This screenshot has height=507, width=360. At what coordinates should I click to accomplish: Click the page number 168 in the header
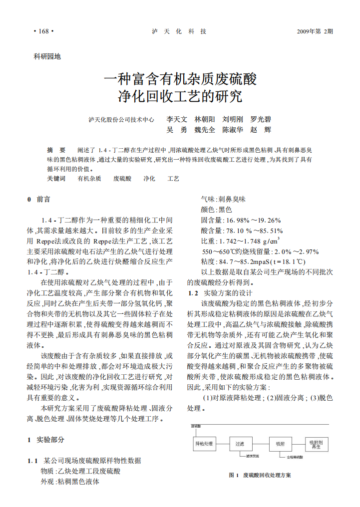click(x=43, y=31)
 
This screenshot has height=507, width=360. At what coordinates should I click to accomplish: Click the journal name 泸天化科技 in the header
click(x=179, y=31)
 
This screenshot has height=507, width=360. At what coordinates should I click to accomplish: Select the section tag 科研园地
click(x=47, y=57)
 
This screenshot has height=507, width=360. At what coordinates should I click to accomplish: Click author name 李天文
click(x=177, y=120)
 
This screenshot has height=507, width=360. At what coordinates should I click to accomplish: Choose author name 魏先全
click(x=205, y=130)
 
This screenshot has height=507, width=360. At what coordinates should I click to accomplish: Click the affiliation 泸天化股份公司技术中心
click(x=121, y=120)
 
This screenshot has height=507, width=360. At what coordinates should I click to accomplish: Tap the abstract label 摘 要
click(x=56, y=150)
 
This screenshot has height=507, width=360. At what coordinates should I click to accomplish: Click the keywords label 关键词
click(x=56, y=178)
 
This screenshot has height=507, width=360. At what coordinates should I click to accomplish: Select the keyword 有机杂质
click(x=89, y=178)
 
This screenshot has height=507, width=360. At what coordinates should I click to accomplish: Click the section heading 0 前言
click(x=38, y=199)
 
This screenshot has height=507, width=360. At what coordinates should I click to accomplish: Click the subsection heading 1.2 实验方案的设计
click(x=220, y=293)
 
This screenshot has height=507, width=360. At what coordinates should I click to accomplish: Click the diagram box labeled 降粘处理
click(x=204, y=443)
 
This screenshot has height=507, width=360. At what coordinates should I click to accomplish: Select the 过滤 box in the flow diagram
click(x=240, y=443)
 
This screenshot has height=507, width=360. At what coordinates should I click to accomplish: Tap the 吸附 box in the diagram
click(x=280, y=443)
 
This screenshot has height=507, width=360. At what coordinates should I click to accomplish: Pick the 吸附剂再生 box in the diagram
click(x=316, y=444)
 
